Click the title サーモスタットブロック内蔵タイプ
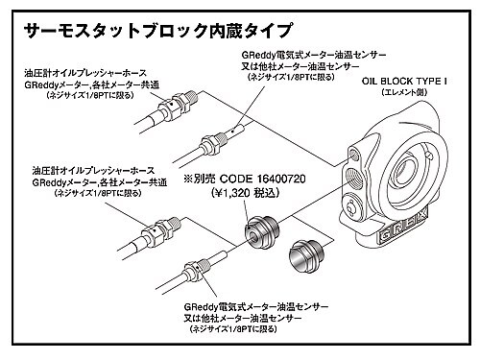(157, 31)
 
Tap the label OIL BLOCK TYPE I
(404, 81)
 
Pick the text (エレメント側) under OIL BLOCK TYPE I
(404, 92)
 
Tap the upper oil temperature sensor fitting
(218, 140)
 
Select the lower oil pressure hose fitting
(160, 229)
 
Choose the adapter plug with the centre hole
(262, 231)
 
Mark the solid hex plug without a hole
(306, 254)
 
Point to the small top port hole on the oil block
(354, 155)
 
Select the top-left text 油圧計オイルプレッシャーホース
(85, 73)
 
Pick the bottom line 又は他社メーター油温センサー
(243, 319)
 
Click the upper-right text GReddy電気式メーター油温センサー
(314, 55)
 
